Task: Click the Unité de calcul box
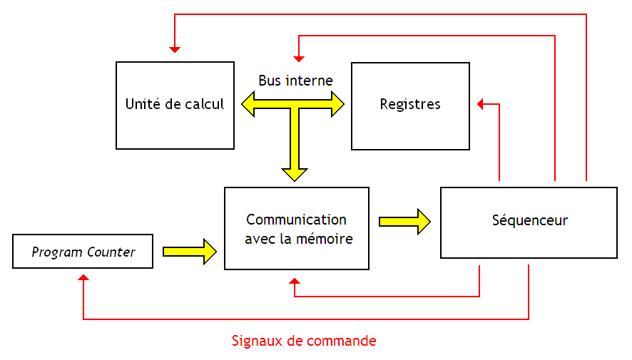(175, 105)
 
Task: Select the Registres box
(410, 105)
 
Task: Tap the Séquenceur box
(529, 222)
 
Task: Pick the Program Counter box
(83, 252)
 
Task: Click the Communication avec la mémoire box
(297, 228)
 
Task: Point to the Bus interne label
(295, 81)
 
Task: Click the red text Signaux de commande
(304, 341)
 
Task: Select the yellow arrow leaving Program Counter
(190, 251)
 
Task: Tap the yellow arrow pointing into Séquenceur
(404, 221)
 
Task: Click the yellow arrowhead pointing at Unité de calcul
(249, 105)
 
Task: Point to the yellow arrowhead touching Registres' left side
(337, 105)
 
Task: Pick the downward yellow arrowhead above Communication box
(295, 173)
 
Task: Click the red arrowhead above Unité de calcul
(175, 49)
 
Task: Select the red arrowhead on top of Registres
(299, 57)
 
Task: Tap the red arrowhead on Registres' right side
(481, 105)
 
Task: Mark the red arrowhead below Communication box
(295, 283)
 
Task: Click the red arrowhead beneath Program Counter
(83, 278)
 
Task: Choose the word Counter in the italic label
(111, 252)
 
